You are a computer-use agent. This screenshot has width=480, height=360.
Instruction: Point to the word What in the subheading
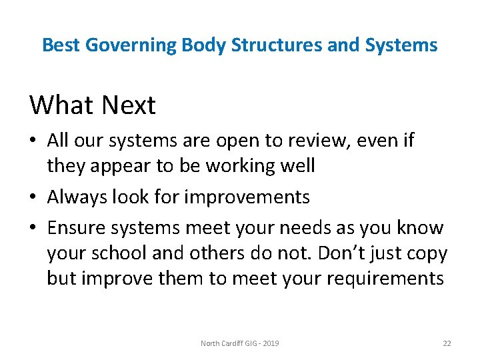(62, 105)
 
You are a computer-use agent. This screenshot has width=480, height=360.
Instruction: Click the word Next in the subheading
(129, 105)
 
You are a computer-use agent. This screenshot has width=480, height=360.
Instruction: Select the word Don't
(339, 253)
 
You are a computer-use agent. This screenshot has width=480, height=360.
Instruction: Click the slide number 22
(447, 343)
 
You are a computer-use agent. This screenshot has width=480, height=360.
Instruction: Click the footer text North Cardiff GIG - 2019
(240, 343)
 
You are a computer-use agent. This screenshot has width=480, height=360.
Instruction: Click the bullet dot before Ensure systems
(34, 229)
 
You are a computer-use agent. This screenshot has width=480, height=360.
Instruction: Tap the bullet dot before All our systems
(34, 141)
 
